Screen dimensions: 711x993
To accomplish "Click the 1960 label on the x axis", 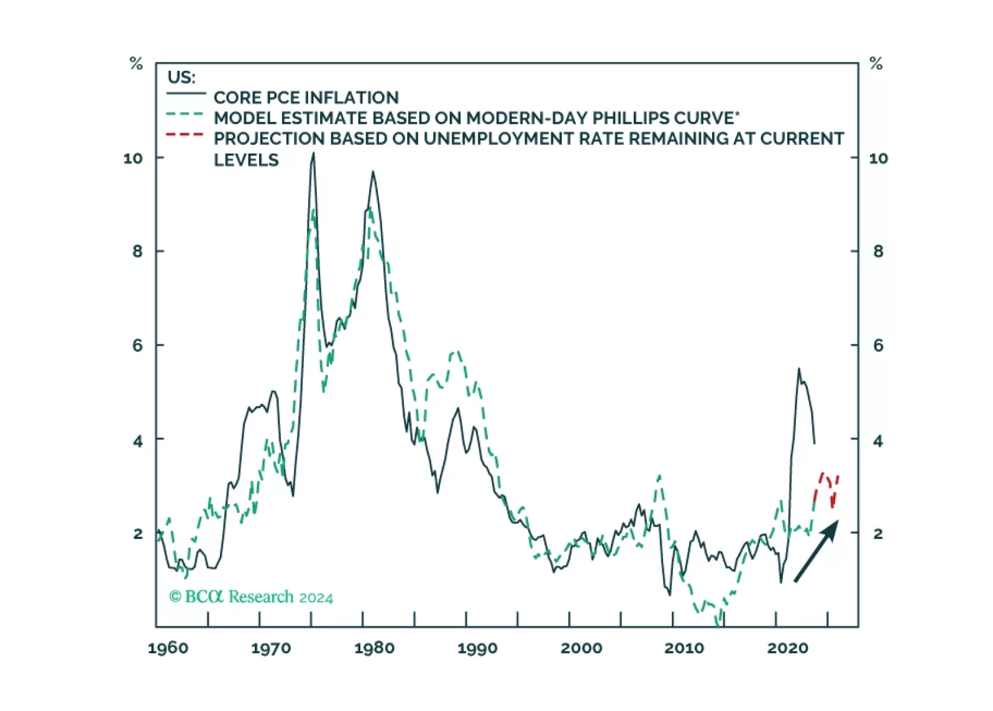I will (x=168, y=648).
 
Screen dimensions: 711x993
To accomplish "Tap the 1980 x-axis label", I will (x=374, y=648).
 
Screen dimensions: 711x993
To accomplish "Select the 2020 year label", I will (x=787, y=648).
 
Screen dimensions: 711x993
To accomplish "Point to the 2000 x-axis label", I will (x=581, y=648).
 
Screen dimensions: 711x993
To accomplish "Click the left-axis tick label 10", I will (x=133, y=158).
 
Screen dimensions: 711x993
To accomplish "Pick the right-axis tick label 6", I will (x=877, y=346).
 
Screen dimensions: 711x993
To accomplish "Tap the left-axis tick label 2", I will (x=138, y=534).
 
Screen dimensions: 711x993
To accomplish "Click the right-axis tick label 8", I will (x=877, y=252).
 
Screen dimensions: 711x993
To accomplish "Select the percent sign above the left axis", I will (x=136, y=63).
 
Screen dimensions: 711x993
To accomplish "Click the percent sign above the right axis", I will (x=876, y=63).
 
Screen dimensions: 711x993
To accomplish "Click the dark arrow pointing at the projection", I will (x=817, y=551).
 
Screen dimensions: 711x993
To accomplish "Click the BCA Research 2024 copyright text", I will (x=251, y=597).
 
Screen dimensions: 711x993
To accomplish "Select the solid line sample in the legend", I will (x=186, y=94).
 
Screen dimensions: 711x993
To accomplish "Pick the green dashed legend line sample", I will (x=185, y=114).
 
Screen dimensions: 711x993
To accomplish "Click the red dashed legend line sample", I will (x=185, y=134).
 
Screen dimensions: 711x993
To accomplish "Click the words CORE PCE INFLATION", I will (x=306, y=98).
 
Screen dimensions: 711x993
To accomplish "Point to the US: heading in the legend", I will (x=181, y=78).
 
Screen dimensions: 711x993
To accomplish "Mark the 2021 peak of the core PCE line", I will (x=799, y=369).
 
